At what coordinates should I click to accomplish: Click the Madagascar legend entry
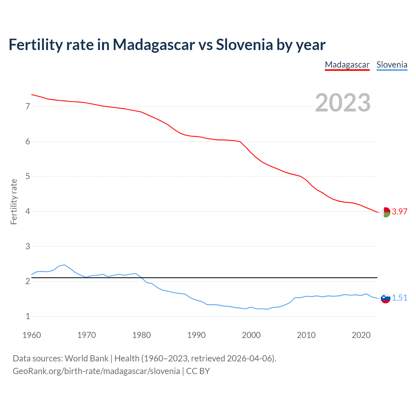347,65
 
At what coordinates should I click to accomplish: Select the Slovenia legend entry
392,65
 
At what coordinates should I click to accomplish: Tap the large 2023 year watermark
343,103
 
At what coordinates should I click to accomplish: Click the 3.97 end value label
399,212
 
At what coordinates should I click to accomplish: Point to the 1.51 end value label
399,298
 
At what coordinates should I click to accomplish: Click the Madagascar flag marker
385,212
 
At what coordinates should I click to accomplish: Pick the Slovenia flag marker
385,298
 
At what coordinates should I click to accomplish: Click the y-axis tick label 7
28,107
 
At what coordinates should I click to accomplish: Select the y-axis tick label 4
28,212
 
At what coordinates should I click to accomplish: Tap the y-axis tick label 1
28,316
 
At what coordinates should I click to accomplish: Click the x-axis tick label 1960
32,335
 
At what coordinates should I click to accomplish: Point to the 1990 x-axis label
196,335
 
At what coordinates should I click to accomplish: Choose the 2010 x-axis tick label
306,335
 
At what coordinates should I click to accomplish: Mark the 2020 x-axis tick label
361,335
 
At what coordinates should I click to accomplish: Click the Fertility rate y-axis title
14,201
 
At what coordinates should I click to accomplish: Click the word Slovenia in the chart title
244,45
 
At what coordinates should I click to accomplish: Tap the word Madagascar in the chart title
154,45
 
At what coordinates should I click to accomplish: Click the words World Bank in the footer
86,358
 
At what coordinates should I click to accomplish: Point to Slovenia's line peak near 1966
64,265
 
